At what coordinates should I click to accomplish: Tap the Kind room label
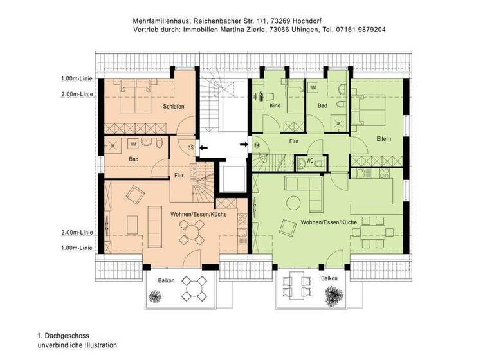[275, 105]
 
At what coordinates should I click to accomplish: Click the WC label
[309, 161]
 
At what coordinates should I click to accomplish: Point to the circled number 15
[190, 147]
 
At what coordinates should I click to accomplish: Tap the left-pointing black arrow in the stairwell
[203, 148]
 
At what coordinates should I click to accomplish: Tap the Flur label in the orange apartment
[180, 175]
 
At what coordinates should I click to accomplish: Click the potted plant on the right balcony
[333, 295]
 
